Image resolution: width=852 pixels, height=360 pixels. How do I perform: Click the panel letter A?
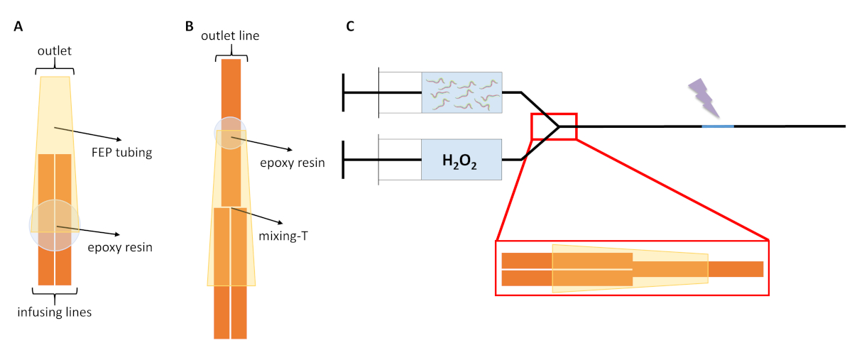tap(18, 27)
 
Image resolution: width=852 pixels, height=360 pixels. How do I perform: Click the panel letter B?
tap(189, 27)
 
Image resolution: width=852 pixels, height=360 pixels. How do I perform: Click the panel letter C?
tap(350, 27)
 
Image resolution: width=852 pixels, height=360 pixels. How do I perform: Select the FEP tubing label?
tap(150, 151)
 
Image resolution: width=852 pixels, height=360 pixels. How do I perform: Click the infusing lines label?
tap(55, 311)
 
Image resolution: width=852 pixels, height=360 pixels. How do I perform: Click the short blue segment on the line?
tap(718, 126)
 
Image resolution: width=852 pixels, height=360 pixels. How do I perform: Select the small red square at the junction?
tap(554, 126)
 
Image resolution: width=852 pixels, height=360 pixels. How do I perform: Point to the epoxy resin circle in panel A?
tap(55, 225)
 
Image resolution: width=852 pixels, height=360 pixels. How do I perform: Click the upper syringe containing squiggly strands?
tap(461, 92)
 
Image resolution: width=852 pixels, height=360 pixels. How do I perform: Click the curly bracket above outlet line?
tap(231, 50)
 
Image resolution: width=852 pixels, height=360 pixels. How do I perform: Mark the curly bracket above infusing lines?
tap(55, 293)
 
